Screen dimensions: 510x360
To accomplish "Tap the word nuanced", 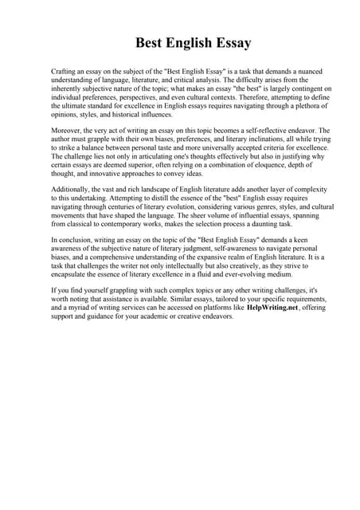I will coord(316,72).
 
